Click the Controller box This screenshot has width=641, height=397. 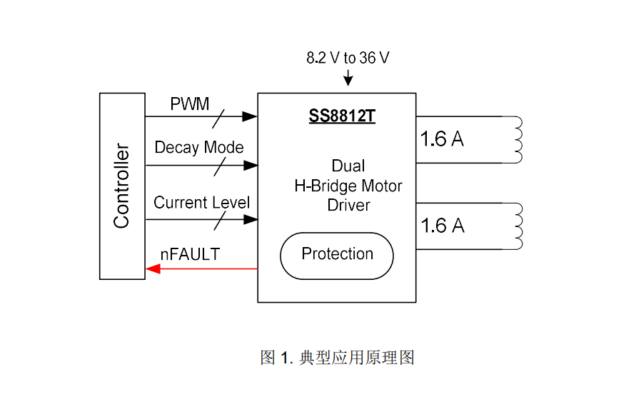122,186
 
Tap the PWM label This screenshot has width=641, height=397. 190,104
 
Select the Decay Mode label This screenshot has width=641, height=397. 199,148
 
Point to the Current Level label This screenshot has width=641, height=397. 202,203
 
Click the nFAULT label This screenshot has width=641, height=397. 190,253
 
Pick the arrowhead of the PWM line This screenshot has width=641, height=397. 249,116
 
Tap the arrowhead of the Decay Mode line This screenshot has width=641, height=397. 249,166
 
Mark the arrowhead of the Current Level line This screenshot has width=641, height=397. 249,220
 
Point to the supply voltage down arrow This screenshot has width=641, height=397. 348,79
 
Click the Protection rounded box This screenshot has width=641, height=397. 337,255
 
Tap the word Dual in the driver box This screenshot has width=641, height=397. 348,166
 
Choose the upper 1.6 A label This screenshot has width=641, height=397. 443,140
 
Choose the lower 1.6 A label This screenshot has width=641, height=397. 443,226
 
